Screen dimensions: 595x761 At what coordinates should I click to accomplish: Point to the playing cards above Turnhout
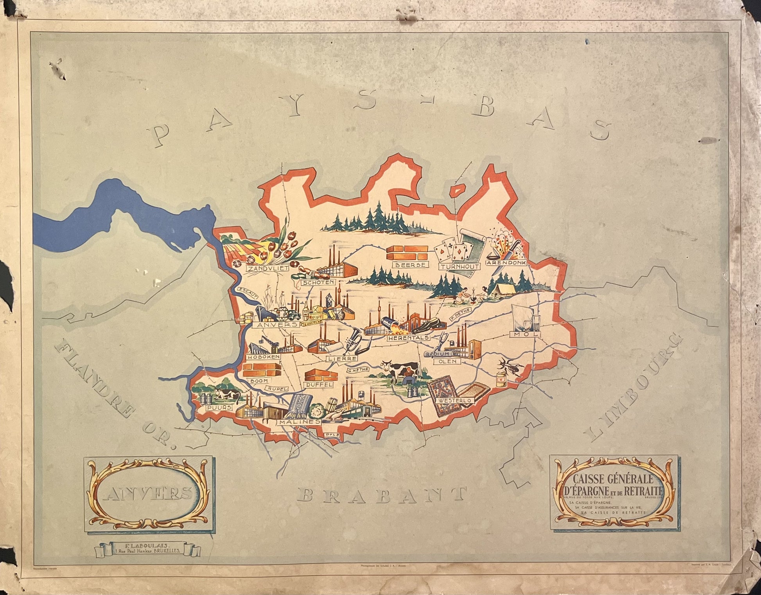[450, 250]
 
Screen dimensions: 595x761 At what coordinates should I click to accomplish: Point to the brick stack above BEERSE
[407, 253]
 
